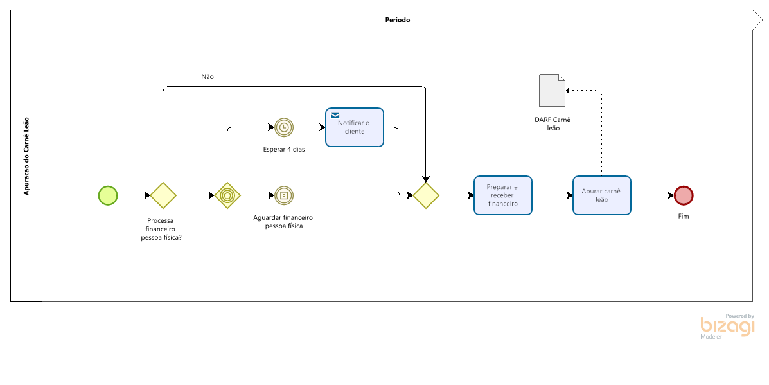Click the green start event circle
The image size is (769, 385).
coord(108,195)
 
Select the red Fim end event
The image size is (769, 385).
coord(684,195)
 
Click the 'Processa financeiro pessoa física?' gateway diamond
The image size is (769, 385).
coord(163,195)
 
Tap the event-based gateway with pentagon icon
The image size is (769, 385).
coord(227,195)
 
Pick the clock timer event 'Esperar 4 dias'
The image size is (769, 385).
coord(283,127)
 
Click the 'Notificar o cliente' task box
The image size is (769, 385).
coord(355,127)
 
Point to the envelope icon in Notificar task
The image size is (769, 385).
coord(335,115)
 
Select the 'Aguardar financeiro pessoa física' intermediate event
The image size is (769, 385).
coord(283,195)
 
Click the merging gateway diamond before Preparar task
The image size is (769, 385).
coord(426,195)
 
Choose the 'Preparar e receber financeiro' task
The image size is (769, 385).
coord(503,195)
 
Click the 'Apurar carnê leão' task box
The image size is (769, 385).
coord(602,195)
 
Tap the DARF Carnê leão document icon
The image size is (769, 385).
coord(552,90)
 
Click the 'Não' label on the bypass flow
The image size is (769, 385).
coord(208,77)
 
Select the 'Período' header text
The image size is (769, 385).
coord(398,20)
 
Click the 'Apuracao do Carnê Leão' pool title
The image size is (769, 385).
coord(26,156)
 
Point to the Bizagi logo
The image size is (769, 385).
coord(728,326)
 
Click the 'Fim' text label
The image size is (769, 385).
coord(684,217)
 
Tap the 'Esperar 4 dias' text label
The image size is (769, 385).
coord(284,150)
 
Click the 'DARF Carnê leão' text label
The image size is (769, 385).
coord(552,124)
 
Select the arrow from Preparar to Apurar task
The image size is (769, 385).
coord(552,195)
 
